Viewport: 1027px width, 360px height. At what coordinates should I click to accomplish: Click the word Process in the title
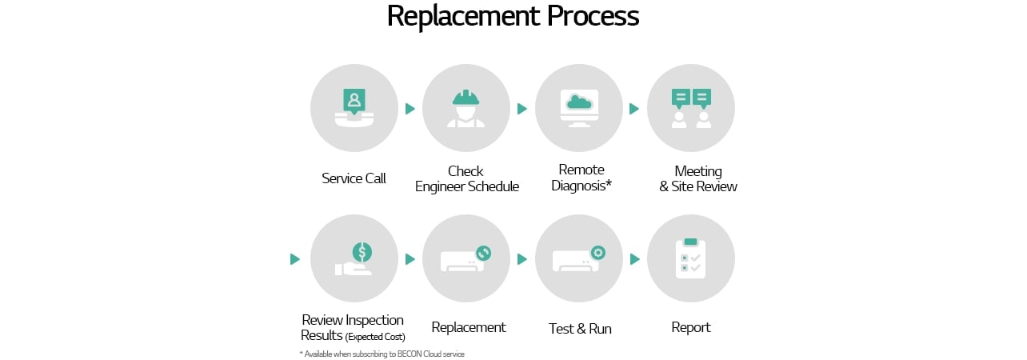[x=593, y=17]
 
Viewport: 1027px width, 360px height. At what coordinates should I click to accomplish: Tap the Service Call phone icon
[x=354, y=108]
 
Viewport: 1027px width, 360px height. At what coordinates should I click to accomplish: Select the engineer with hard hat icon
[x=466, y=108]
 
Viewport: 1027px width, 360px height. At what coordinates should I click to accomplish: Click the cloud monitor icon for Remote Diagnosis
[x=578, y=108]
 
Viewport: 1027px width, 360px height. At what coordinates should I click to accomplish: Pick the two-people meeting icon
[x=690, y=108]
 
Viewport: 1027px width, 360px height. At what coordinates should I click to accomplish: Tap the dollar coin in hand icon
[x=354, y=258]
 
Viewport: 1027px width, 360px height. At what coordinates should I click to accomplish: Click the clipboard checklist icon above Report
[x=690, y=258]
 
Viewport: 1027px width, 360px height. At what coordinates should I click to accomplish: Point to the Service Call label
[x=354, y=178]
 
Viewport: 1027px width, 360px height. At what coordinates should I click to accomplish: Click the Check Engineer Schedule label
[x=466, y=178]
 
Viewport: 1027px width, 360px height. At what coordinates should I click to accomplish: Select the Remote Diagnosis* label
[x=581, y=177]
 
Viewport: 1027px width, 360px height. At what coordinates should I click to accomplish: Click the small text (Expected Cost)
[x=375, y=337]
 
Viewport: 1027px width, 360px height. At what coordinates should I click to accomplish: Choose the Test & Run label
[x=580, y=329]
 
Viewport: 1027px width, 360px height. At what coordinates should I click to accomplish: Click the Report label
[x=690, y=327]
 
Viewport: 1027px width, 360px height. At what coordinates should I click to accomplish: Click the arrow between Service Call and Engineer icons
[x=410, y=109]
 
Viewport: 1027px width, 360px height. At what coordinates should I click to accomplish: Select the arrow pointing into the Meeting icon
[x=634, y=109]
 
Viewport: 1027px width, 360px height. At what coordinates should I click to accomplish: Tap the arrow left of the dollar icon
[x=295, y=259]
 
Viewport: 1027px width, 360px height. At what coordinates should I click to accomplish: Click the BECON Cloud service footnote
[x=382, y=354]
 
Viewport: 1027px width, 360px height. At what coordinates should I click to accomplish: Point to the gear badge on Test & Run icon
[x=597, y=253]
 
